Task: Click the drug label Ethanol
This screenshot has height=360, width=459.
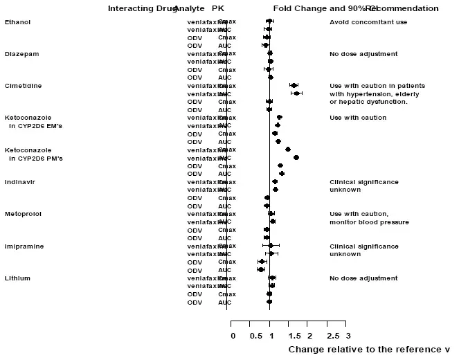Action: [x=17, y=22]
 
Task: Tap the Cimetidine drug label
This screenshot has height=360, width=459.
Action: [x=23, y=85]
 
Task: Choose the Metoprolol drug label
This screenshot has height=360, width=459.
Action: [x=23, y=214]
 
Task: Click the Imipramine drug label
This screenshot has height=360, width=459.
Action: [x=23, y=246]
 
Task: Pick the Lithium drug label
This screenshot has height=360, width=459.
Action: [x=17, y=278]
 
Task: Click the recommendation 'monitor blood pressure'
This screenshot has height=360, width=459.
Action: [x=369, y=222]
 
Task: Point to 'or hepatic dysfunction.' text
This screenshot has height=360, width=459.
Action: [x=368, y=102]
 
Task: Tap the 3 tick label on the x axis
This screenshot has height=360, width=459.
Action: [x=346, y=336]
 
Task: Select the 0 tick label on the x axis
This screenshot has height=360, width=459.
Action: [x=233, y=336]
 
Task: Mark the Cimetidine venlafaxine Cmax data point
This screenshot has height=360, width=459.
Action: [x=294, y=85]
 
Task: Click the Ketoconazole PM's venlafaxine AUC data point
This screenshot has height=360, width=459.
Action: [x=296, y=158]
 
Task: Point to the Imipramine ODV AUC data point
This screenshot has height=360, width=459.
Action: [x=261, y=269]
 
